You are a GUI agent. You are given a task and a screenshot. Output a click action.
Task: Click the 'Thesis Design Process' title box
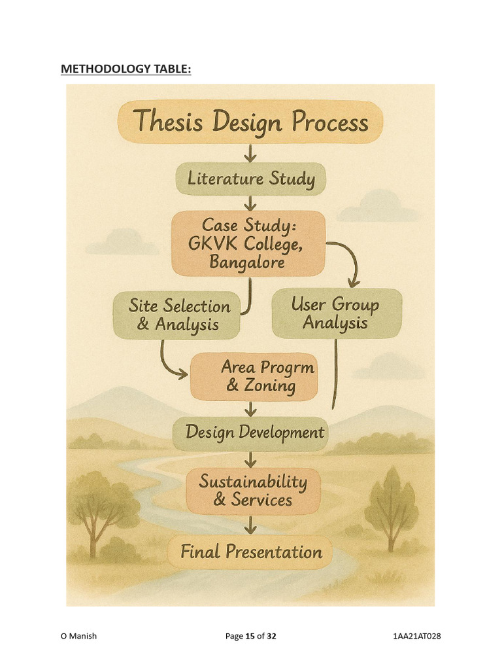point(250,122)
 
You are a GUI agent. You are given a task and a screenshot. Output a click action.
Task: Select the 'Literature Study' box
point(251,179)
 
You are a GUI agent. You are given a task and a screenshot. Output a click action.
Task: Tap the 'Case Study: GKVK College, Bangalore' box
point(248,243)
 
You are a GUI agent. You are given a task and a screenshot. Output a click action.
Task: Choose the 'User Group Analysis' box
point(336,313)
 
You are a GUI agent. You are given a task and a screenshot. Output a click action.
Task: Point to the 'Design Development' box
point(251,432)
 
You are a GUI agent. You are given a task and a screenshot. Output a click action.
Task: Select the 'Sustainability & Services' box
point(252,491)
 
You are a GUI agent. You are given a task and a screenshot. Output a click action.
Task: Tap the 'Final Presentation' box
point(251,552)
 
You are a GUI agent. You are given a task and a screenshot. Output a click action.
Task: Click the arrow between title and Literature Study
point(250,153)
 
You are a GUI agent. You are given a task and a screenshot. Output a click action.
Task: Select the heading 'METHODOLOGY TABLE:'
point(126,69)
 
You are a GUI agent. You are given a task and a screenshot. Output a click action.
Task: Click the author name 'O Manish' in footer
point(78,636)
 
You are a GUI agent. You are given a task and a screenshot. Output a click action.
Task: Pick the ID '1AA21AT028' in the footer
point(413,636)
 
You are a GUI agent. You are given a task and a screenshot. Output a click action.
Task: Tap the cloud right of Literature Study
point(378,206)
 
